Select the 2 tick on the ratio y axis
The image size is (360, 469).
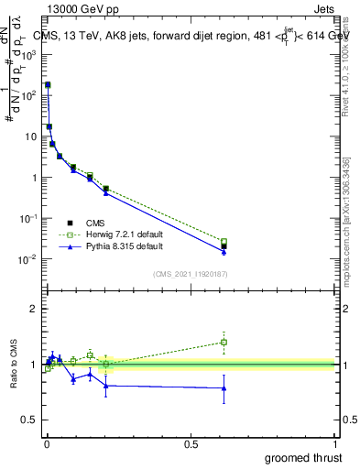[34, 309]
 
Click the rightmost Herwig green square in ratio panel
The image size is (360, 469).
[224, 342]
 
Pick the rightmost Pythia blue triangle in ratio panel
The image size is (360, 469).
[224, 387]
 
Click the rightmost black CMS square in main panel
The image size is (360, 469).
[224, 246]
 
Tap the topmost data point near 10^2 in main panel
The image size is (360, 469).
[48, 84]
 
